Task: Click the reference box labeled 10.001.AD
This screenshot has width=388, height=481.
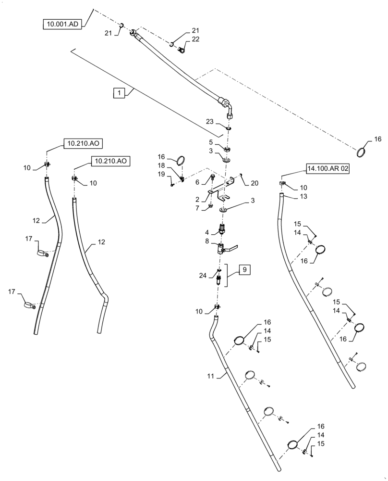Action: pos(63,25)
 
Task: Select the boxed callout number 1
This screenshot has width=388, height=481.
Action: pos(119,93)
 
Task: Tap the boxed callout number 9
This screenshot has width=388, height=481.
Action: pos(244,270)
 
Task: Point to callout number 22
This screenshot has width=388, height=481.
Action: pos(183,39)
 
